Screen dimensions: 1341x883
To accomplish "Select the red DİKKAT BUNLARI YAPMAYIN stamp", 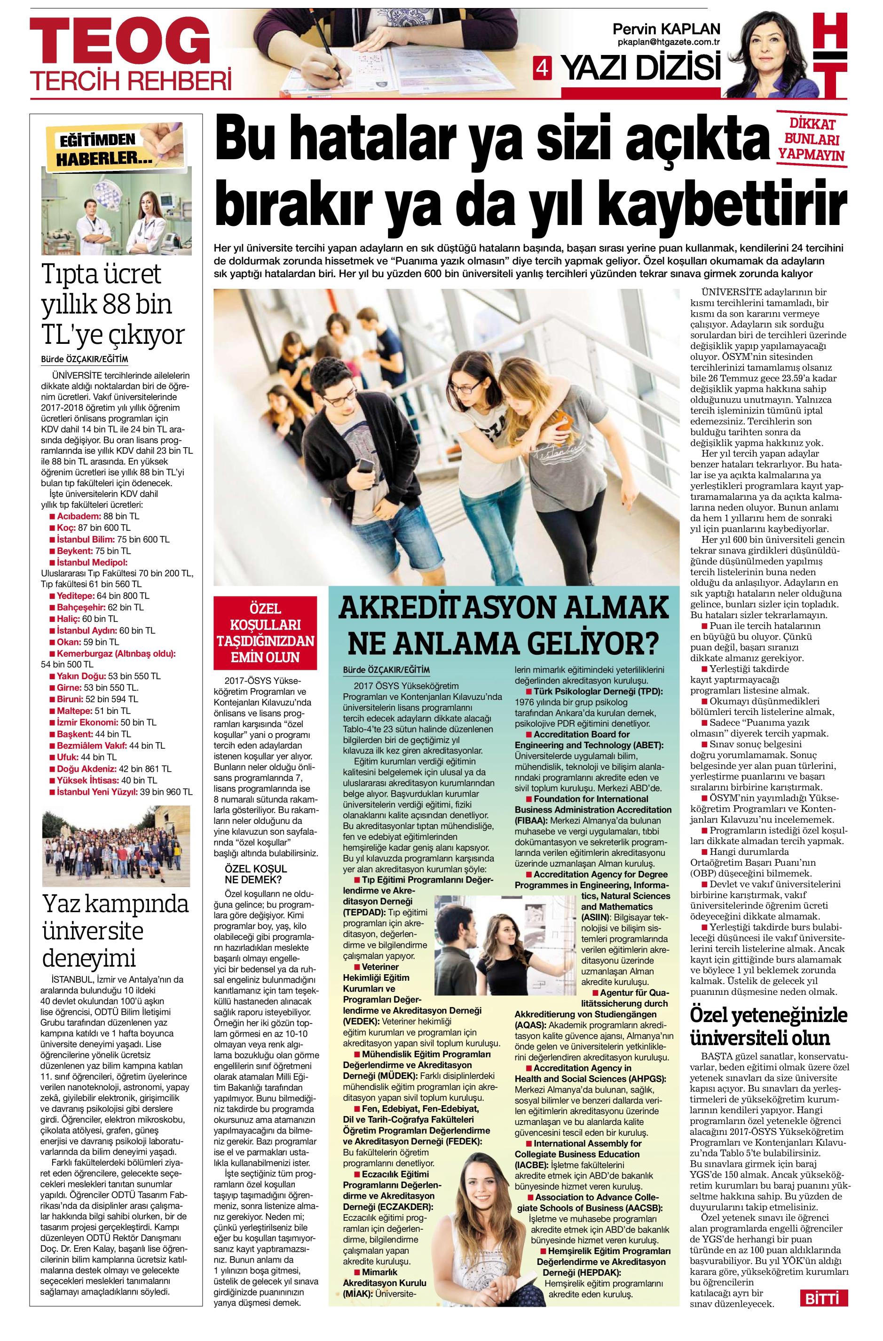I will tap(812, 139).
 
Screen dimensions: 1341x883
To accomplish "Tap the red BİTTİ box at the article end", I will tap(824, 1315).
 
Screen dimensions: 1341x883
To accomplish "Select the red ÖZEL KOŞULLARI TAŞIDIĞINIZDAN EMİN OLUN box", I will tap(266, 633).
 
